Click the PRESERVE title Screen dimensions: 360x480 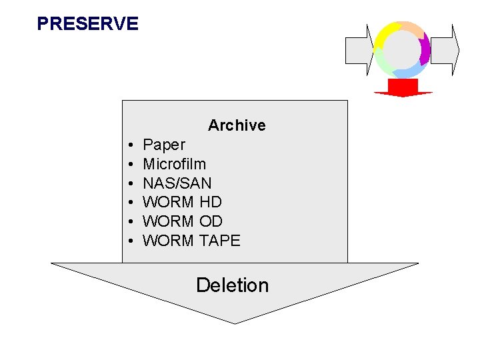tap(87, 24)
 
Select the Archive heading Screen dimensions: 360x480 tap(237, 125)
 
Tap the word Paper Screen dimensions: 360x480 tap(164, 145)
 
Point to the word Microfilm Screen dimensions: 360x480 tap(175, 164)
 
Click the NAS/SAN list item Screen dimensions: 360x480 tap(177, 183)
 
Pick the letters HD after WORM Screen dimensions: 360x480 tap(211, 202)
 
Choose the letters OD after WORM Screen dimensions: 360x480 tap(211, 221)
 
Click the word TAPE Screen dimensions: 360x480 tap(220, 241)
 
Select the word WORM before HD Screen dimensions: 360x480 tap(169, 202)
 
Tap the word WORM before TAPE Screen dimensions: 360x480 tap(169, 241)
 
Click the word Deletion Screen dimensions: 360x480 tap(232, 285)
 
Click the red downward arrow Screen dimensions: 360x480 tap(403, 88)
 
